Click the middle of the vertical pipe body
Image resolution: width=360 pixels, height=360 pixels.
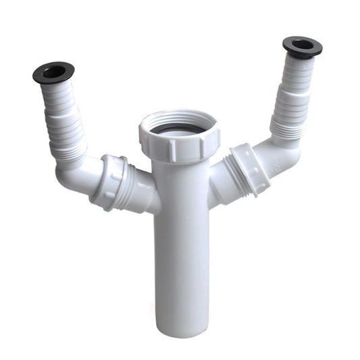180,243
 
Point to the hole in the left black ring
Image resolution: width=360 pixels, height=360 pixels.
54,70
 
